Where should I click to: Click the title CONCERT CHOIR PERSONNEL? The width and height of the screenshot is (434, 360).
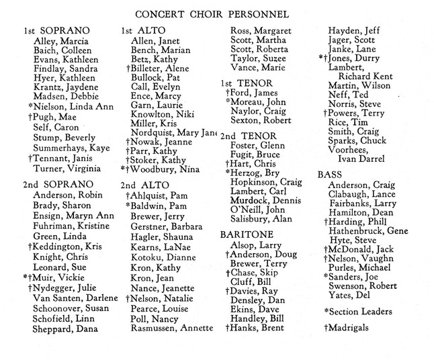[212, 13]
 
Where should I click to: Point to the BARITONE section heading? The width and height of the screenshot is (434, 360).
[245, 234]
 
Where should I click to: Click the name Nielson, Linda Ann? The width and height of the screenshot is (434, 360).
[67, 105]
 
